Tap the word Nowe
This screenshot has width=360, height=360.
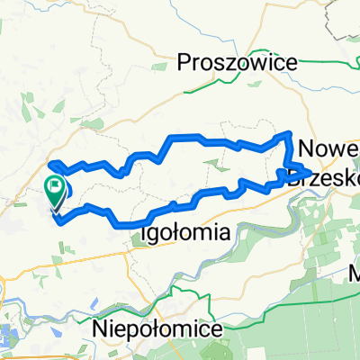coord(328,148)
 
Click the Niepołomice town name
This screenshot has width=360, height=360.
coord(157,328)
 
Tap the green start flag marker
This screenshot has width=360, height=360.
coord(55,190)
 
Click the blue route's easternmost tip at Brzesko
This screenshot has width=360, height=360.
coord(310,171)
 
